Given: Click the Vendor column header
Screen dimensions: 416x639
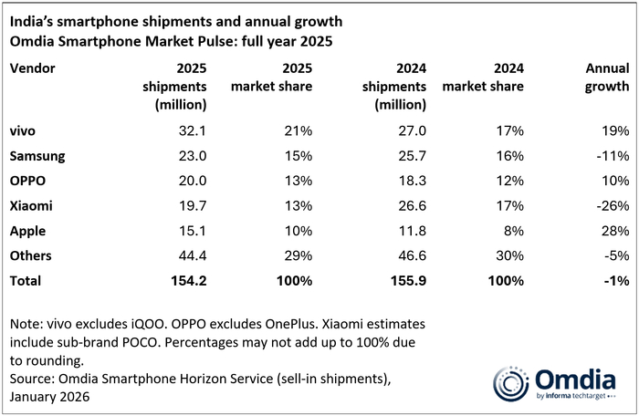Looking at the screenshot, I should pyautogui.click(x=31, y=68).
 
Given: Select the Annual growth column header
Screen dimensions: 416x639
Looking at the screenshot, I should pyautogui.click(x=607, y=77).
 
